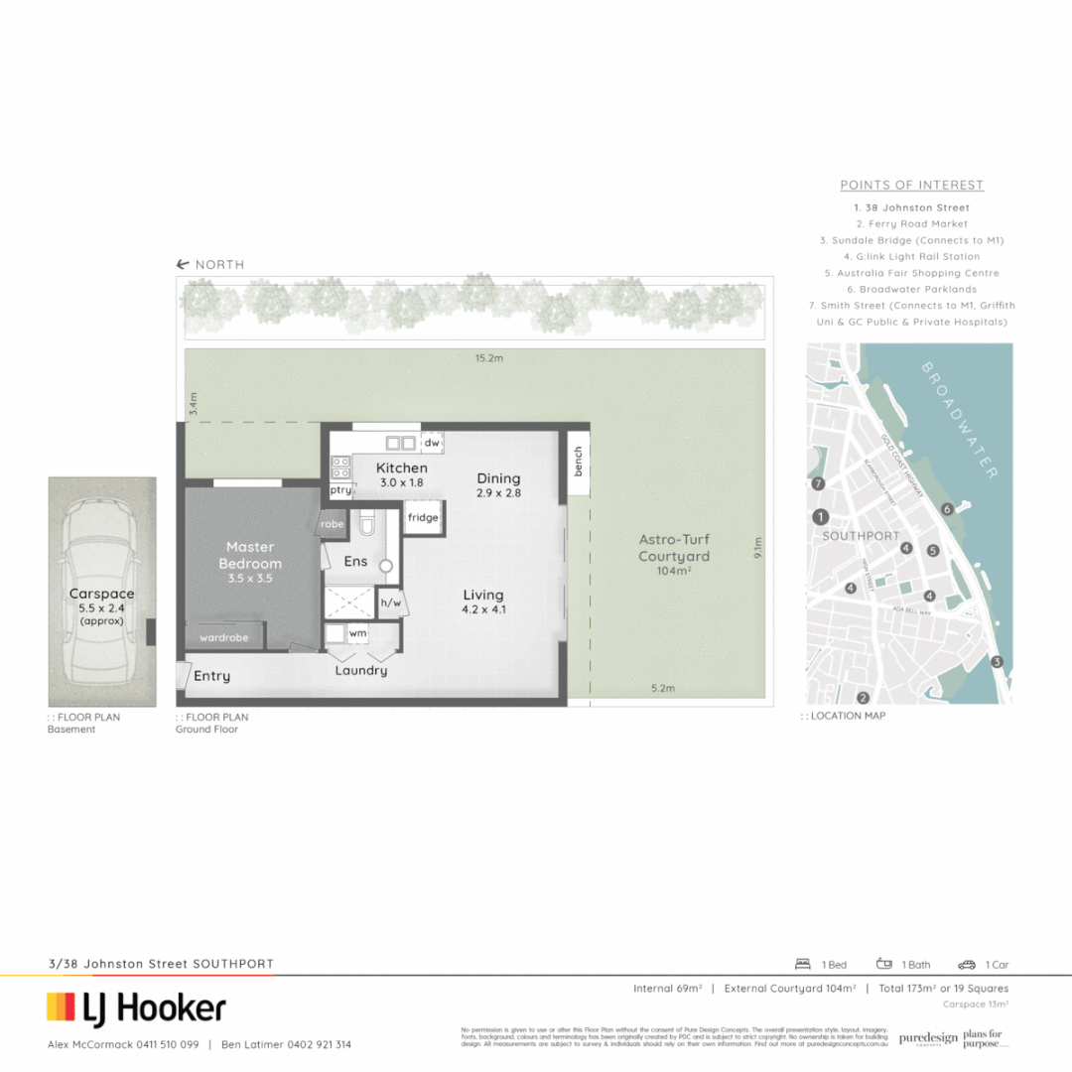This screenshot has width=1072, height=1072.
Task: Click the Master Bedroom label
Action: click(250, 555)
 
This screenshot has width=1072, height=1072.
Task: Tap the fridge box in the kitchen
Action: click(422, 518)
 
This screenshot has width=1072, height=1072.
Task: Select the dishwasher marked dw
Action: click(432, 444)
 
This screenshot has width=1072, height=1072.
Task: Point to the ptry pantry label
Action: click(340, 490)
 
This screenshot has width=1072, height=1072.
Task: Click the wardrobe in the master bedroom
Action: click(223, 637)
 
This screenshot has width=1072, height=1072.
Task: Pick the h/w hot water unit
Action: click(390, 603)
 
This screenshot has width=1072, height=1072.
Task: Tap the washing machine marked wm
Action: click(356, 632)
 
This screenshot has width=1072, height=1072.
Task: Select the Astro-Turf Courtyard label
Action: click(674, 555)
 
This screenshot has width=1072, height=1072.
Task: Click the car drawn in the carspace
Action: click(101, 593)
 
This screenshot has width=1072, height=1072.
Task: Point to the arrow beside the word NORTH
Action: click(183, 265)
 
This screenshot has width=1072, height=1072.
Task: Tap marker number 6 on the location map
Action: click(948, 509)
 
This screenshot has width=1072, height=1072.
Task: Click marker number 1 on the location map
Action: click(820, 517)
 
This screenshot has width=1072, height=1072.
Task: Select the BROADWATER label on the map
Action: click(959, 420)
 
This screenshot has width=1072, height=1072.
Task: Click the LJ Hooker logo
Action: click(137, 1008)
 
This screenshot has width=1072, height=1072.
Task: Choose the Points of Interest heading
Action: click(911, 186)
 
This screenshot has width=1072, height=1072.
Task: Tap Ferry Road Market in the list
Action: click(911, 224)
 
